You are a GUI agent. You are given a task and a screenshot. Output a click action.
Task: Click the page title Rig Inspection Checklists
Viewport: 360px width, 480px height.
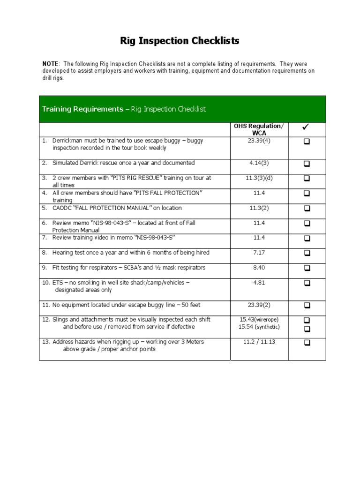180,41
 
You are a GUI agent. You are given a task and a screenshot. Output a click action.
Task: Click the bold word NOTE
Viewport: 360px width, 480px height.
51,64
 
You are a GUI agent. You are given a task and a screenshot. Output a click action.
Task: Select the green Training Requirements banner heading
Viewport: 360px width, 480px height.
124,109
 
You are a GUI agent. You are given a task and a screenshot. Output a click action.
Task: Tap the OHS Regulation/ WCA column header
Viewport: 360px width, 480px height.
259,130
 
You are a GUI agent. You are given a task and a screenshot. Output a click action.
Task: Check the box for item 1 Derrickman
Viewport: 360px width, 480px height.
307,142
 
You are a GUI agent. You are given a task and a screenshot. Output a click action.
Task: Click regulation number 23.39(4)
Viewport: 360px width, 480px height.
259,141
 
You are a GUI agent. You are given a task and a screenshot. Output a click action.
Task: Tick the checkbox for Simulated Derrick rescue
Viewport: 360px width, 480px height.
307,164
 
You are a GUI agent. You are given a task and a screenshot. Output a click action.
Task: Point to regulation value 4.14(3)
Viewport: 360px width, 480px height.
259,163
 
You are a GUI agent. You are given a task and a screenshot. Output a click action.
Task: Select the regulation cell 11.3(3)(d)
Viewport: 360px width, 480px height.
259,178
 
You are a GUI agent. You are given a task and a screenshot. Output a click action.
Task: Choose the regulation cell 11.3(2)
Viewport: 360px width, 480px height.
259,208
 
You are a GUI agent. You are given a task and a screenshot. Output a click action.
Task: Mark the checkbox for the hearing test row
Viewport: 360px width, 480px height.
307,253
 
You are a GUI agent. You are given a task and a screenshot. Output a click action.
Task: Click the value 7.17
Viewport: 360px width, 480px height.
259,253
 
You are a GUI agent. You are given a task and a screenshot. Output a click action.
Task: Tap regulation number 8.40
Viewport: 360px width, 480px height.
259,268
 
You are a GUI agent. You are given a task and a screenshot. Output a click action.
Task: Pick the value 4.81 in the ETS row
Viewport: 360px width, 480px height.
259,283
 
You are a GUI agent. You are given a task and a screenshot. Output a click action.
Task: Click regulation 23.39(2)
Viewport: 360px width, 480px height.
259,305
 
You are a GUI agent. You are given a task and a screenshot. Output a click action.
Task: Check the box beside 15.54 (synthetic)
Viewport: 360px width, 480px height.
307,329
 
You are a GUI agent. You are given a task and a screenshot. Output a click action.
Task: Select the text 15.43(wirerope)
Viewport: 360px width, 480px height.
259,320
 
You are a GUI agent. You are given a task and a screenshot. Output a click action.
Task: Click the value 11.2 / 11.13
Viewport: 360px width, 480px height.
259,342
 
